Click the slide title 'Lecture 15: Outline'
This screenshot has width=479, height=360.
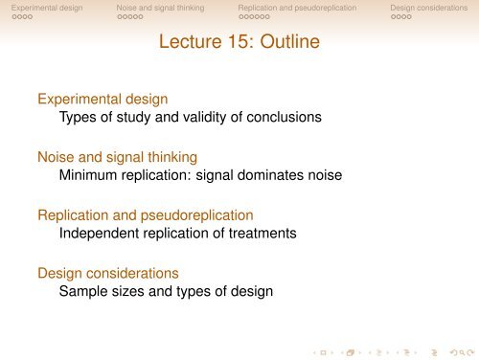click(239, 43)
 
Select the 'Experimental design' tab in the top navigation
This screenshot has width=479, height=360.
click(41, 8)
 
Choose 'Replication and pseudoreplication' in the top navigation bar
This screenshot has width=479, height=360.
click(297, 8)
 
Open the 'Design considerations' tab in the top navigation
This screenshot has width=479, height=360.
click(428, 8)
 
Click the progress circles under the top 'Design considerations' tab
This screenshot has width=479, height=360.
click(400, 18)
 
